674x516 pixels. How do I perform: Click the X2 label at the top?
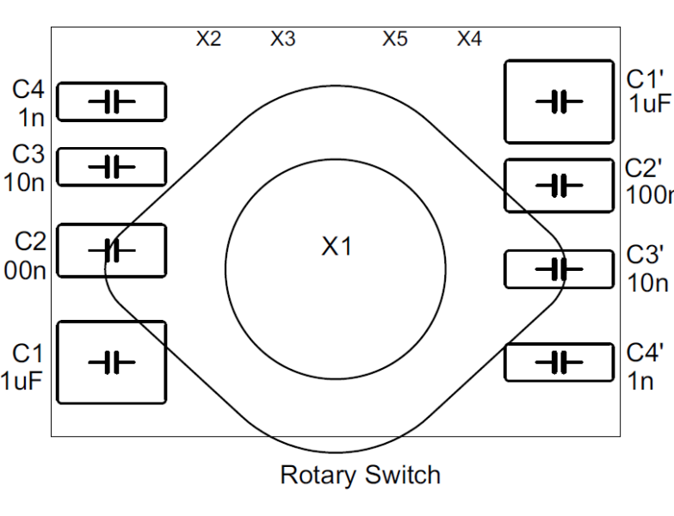(208, 40)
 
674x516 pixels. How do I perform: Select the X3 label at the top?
(283, 40)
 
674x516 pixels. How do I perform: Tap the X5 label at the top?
(395, 40)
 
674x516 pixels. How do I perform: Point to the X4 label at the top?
(469, 40)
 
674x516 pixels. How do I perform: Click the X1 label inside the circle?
(337, 247)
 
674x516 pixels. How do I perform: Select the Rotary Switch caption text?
(360, 475)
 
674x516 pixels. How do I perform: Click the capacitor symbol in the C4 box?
(111, 102)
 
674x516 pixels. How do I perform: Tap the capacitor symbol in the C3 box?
(111, 167)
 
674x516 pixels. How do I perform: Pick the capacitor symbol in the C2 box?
(111, 251)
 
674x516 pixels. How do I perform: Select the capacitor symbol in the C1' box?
(559, 101)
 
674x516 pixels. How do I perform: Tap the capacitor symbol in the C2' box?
(559, 186)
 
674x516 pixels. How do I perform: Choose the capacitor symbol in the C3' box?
(559, 270)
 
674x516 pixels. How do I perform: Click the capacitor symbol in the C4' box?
(559, 362)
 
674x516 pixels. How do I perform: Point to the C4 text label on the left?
(28, 89)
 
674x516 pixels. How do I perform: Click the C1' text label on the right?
(644, 80)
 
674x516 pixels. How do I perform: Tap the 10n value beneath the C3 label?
(25, 181)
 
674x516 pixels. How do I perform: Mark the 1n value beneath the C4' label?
(640, 381)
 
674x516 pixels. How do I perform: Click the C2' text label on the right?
(644, 168)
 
